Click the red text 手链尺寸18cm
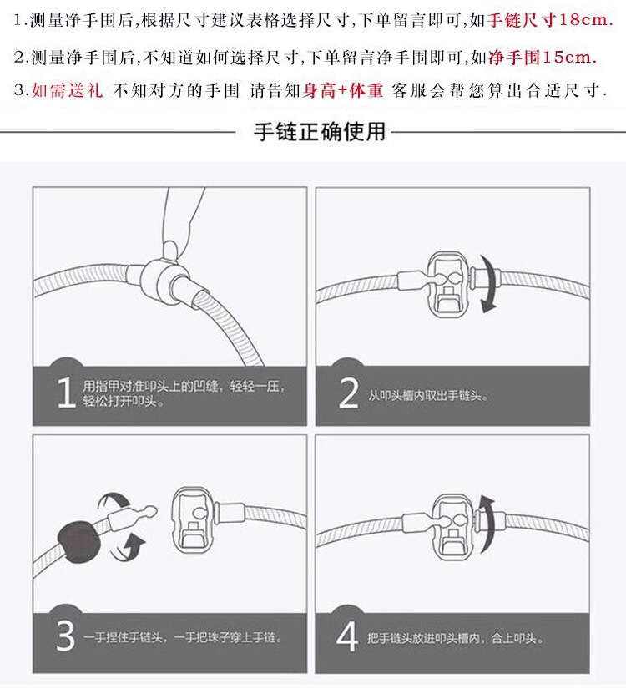(550, 20)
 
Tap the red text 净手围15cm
(543, 57)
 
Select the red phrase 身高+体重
(343, 90)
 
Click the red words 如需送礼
(68, 90)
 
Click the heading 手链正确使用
(320, 132)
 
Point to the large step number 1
(67, 393)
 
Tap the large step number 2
(349, 393)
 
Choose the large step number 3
(65, 636)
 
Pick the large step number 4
(347, 636)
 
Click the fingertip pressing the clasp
(170, 250)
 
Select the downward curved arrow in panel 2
(488, 283)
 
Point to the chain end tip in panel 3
(152, 511)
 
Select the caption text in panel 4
(455, 638)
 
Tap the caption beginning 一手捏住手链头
(183, 637)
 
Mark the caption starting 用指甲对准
(184, 393)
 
